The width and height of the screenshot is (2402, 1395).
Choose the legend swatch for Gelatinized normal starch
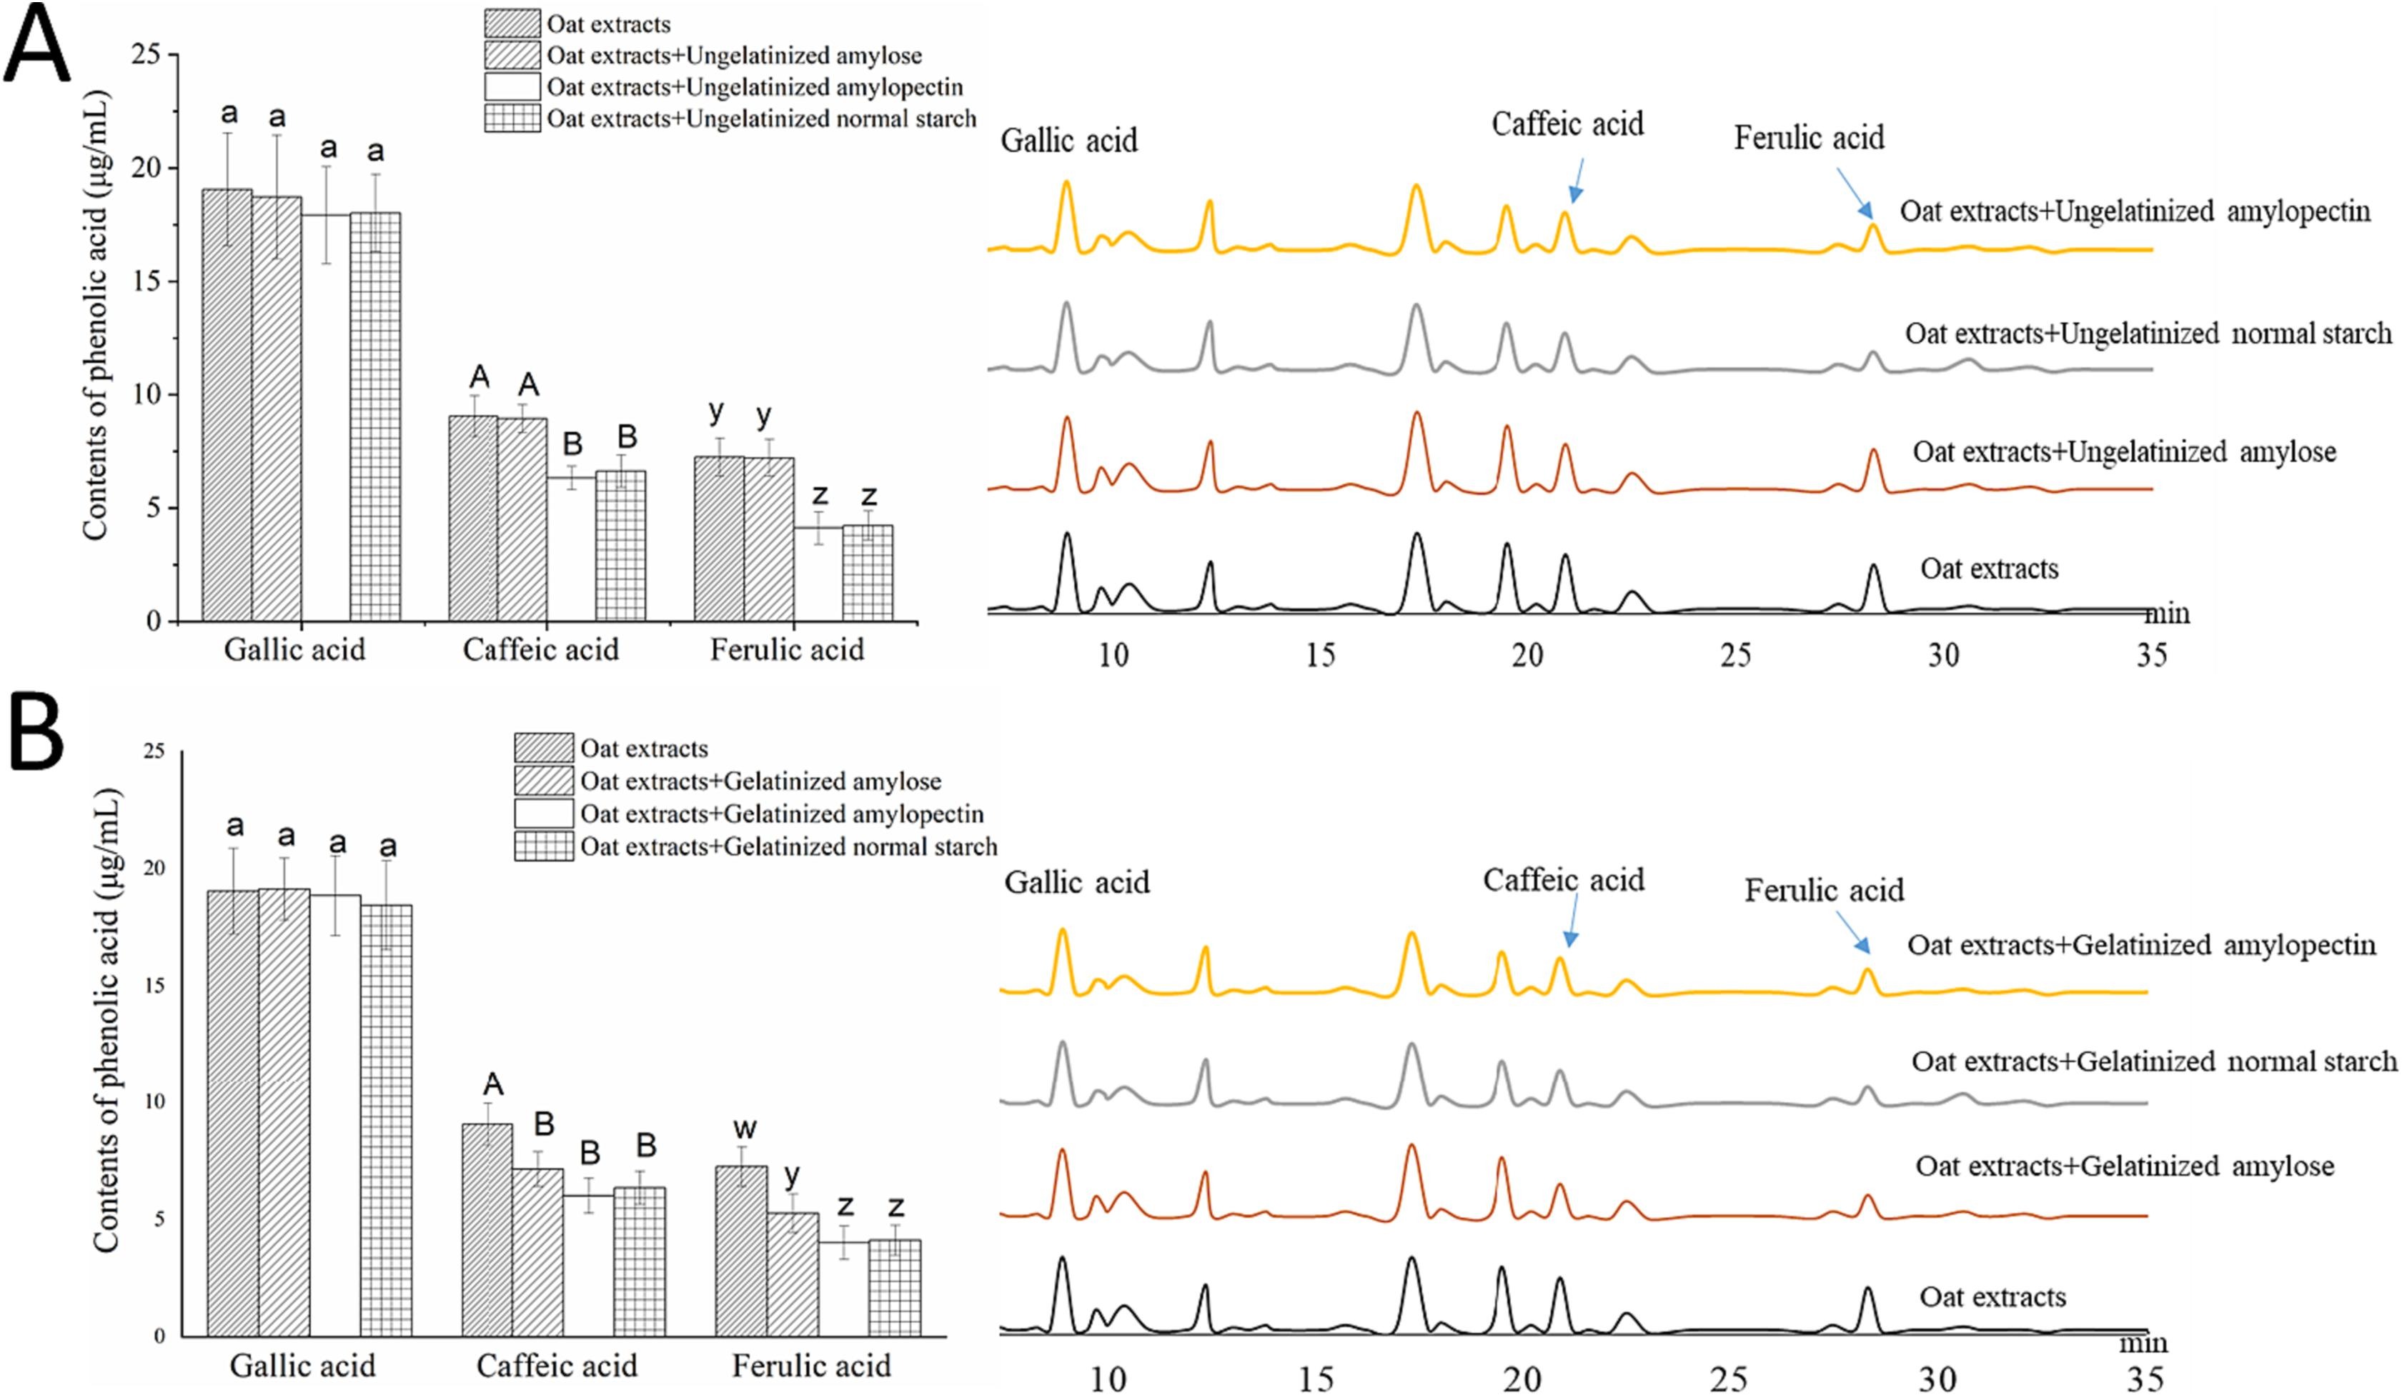click(x=543, y=846)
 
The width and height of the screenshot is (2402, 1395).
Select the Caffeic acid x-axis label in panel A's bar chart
click(x=540, y=651)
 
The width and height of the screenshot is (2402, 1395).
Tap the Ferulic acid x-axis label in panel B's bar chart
click(x=811, y=1366)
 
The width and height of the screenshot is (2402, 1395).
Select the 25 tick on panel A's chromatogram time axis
click(x=1736, y=656)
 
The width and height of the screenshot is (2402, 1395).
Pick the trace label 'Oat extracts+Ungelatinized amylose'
click(x=2124, y=451)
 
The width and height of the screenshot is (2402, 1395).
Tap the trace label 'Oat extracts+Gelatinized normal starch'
click(x=2153, y=1061)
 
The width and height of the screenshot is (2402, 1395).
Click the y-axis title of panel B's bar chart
click(x=106, y=1019)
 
